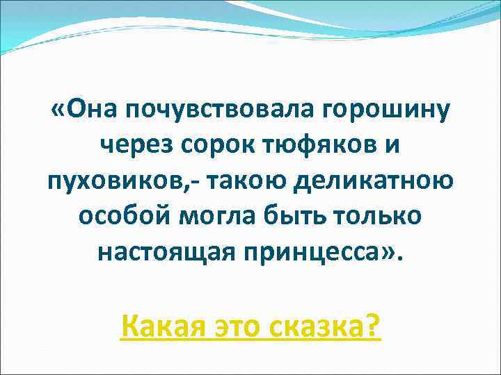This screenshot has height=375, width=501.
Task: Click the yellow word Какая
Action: [x=162, y=324]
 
